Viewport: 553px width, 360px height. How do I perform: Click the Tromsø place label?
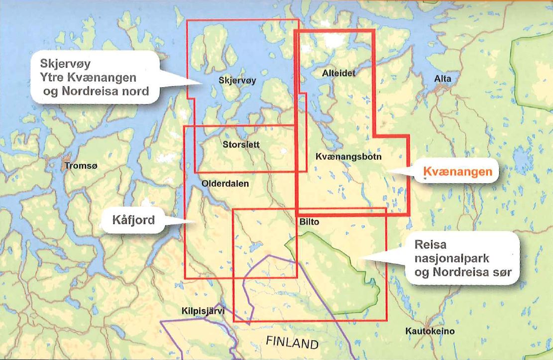coord(79,165)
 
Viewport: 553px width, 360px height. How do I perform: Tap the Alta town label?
coord(442,79)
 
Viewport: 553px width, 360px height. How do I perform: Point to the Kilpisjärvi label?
coord(203,312)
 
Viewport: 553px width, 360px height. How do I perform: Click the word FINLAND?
coord(292,343)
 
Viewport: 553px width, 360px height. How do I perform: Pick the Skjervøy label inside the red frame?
coord(237,80)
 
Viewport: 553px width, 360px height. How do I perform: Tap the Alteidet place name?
coord(339,73)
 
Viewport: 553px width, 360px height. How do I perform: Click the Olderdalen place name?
coord(225,183)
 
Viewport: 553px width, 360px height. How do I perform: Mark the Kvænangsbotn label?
coord(348,156)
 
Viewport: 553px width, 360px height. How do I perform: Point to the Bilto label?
coord(309,221)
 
